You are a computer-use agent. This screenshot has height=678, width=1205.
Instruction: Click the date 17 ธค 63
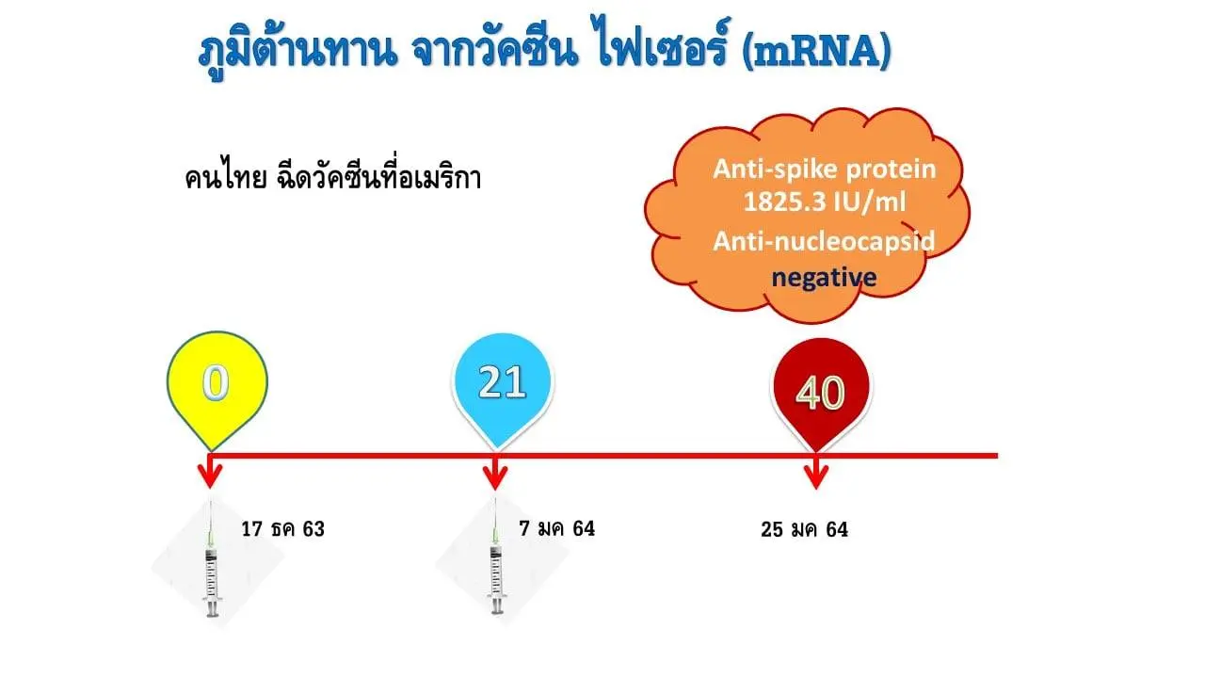(283, 529)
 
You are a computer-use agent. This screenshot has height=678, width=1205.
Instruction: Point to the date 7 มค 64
(556, 528)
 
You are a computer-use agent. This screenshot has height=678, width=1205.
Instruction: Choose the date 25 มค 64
(804, 529)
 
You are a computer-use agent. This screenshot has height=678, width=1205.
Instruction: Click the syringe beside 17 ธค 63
(212, 559)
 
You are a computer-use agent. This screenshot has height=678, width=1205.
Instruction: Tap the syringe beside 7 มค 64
(496, 557)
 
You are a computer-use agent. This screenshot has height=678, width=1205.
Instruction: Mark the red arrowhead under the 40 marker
(816, 476)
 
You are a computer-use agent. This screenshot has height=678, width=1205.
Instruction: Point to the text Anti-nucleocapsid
(824, 241)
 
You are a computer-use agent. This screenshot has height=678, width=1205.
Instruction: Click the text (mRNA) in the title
(816, 52)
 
